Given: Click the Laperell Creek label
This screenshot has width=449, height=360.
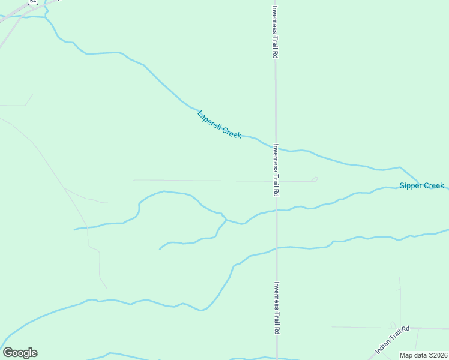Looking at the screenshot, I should [x=219, y=125].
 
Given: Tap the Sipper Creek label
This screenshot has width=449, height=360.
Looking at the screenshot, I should [x=421, y=186].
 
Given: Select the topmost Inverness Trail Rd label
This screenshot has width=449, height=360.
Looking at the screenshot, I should [x=275, y=32].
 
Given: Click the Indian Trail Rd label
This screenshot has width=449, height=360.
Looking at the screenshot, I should [x=392, y=340].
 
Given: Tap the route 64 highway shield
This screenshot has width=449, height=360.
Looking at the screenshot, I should [x=32, y=2].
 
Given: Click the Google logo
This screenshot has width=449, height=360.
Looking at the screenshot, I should [x=20, y=353].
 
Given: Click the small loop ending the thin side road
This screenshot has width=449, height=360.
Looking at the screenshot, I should [x=314, y=179].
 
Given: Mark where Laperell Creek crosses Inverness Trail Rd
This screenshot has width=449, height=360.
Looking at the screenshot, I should [x=276, y=148].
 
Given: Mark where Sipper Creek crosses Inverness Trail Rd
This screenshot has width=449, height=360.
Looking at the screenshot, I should [x=276, y=211].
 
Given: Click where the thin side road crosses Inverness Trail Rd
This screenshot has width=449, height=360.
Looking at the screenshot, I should [x=276, y=181].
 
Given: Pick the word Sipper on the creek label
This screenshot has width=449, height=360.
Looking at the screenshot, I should [x=411, y=186].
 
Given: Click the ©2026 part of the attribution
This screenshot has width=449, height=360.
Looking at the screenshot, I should [x=436, y=355].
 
